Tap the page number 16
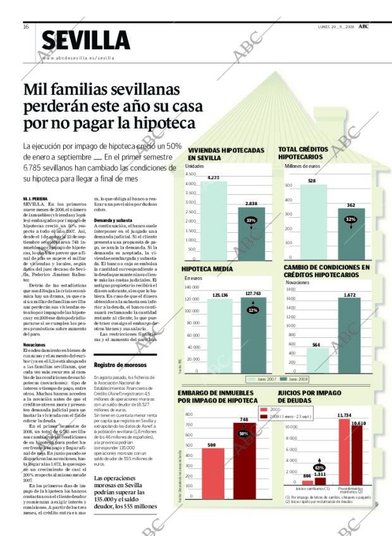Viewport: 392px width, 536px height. point(26,27)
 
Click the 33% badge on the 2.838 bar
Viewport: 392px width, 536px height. point(250,220)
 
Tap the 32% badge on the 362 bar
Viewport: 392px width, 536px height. point(350,219)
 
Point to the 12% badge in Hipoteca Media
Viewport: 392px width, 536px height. point(253,310)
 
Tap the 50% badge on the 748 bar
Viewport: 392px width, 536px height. point(243,433)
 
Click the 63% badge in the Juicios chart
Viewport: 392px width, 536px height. point(319,467)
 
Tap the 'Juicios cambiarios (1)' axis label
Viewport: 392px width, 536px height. point(312,489)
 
